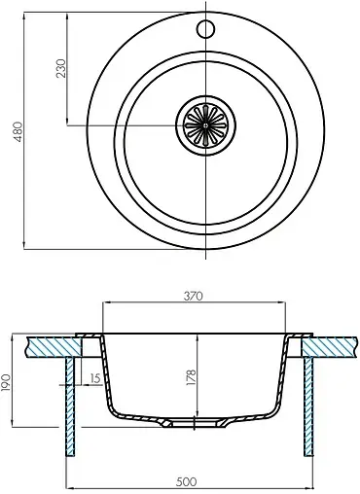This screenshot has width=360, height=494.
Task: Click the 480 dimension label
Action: click(18, 131)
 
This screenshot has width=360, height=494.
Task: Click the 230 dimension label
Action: click(60, 68)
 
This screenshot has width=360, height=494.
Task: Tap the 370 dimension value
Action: click(193, 296)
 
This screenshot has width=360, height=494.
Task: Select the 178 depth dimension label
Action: click(191, 377)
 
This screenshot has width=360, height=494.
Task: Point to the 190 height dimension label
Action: click(6, 382)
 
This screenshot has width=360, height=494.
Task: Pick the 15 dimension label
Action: click(95, 378)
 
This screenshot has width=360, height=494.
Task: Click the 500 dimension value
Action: click(187, 482)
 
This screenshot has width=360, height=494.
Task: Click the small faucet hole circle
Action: click(205, 29)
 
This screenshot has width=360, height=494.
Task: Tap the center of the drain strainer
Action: click(205, 124)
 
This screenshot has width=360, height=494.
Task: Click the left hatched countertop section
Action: click(54, 347)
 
